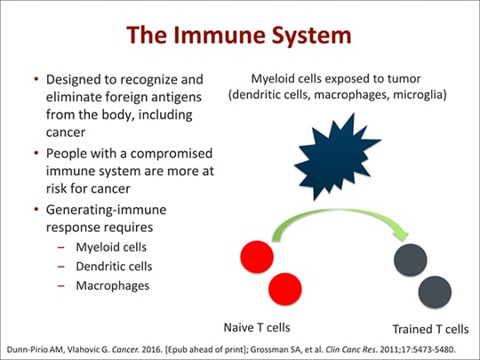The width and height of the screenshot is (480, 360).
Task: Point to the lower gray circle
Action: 434,292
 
